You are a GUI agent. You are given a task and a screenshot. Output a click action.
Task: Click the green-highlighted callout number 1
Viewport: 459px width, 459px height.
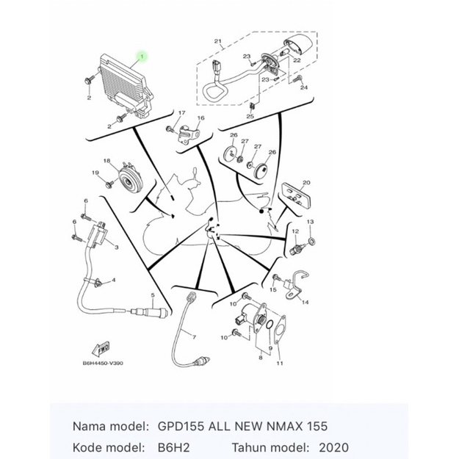point(142,56)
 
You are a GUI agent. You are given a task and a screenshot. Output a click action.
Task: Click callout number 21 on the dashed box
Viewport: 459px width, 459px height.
point(218,41)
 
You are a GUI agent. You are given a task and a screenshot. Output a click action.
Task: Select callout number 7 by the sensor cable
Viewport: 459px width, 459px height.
point(195,336)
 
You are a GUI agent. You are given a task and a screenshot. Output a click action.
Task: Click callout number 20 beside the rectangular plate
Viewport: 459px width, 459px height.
point(306,182)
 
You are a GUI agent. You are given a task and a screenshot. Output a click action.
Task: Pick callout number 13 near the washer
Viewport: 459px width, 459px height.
point(310,221)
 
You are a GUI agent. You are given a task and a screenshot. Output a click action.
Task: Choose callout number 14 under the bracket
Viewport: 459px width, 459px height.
point(305,302)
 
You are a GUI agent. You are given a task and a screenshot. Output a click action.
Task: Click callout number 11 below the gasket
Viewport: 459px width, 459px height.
point(279,364)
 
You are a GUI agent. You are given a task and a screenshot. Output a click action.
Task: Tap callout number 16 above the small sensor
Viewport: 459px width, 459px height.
point(200,118)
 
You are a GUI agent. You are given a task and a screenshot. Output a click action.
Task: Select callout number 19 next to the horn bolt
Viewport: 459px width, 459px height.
point(95,173)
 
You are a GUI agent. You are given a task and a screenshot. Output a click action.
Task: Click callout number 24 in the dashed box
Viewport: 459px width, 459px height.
point(303,87)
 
